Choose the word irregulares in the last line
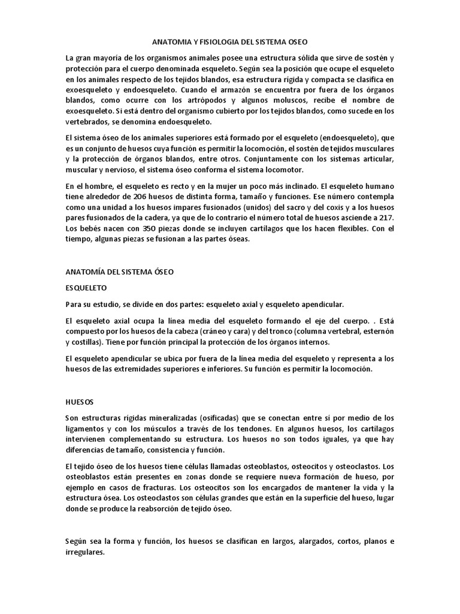tap(84, 553)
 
